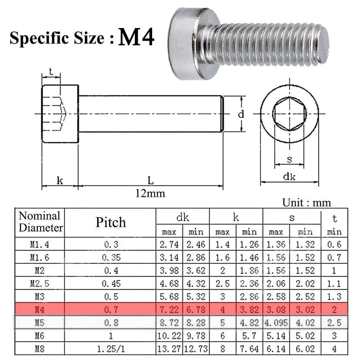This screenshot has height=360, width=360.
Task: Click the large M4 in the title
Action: pyautogui.click(x=136, y=37)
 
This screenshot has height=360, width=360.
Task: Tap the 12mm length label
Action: pyautogui.click(x=150, y=193)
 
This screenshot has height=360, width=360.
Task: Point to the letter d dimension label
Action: pyautogui.click(x=241, y=114)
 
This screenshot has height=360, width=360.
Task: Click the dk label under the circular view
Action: pyautogui.click(x=289, y=177)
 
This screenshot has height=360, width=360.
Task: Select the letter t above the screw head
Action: pyautogui.click(x=51, y=72)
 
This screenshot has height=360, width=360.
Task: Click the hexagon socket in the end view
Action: pyautogui.click(x=289, y=114)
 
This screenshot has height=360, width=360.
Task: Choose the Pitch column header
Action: pyautogui.click(x=111, y=222)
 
